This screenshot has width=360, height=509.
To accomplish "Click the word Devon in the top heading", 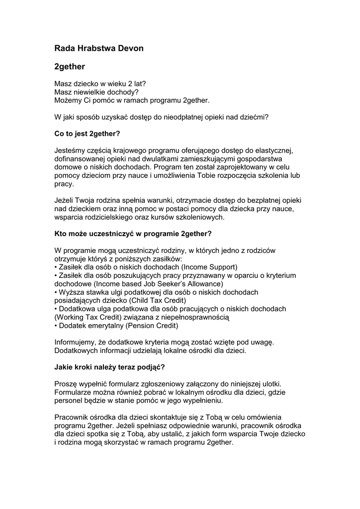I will point(129,48).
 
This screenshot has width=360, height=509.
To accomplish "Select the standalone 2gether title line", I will point(70,66).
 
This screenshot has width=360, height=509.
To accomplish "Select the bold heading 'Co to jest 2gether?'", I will point(87,134).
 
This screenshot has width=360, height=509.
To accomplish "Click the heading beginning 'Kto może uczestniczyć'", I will point(133,234).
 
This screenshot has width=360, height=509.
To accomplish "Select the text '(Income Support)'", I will point(211,267).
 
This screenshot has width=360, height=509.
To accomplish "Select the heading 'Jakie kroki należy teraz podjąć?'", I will point(109,368).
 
